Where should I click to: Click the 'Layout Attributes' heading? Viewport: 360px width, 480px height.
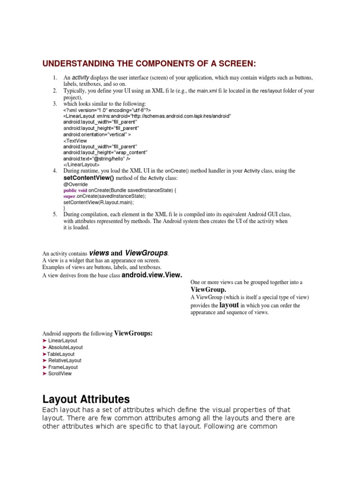click(x=86, y=399)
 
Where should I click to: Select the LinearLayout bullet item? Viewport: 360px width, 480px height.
click(x=62, y=341)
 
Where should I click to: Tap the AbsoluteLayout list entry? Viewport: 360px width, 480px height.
click(x=65, y=347)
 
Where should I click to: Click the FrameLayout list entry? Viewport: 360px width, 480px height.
click(x=63, y=367)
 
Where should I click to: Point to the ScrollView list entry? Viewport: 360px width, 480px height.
click(x=60, y=374)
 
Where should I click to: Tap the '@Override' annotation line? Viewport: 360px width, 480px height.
click(x=75, y=185)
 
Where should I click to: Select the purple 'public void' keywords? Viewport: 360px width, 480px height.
click(x=75, y=191)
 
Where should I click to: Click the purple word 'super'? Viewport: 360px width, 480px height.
click(x=69, y=196)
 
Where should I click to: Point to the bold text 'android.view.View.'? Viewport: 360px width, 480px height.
click(x=151, y=275)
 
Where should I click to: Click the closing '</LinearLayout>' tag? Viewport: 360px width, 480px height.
click(x=81, y=165)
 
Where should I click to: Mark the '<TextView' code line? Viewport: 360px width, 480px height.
click(x=75, y=140)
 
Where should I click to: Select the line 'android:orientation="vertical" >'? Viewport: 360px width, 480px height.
click(x=97, y=134)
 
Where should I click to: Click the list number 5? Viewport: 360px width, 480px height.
click(x=55, y=214)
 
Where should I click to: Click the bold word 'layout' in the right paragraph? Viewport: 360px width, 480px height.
click(x=229, y=305)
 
